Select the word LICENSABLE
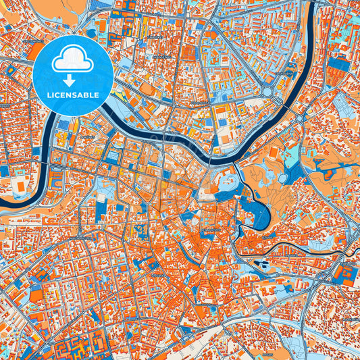point(72,96)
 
